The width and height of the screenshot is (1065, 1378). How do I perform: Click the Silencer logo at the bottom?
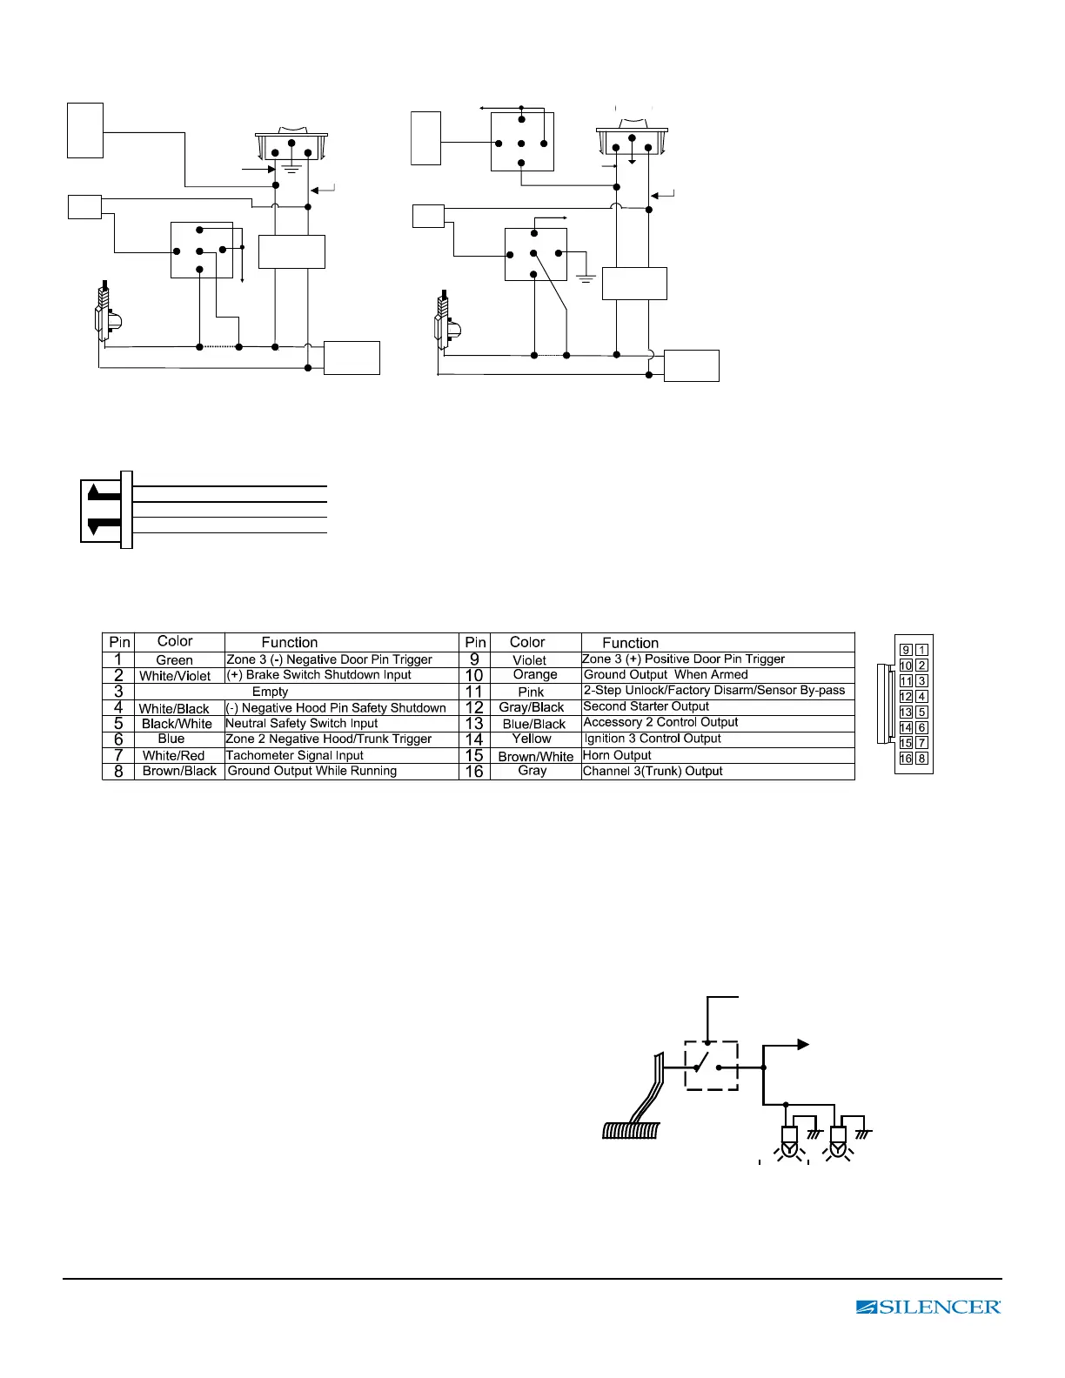click(928, 1307)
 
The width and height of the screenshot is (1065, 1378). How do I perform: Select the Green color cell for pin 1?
click(174, 660)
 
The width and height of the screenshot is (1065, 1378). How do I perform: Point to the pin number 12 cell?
click(474, 707)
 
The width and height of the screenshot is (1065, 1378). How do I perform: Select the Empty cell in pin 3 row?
click(270, 692)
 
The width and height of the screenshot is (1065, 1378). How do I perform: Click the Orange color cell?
click(535, 675)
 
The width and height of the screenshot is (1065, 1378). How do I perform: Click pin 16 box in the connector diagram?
click(906, 759)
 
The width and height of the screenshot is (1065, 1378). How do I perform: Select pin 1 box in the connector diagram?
click(922, 650)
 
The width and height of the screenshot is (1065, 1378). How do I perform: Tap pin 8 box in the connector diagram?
click(922, 759)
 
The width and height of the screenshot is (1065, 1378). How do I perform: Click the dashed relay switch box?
click(711, 1066)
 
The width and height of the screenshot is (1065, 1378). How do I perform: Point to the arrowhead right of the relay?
click(804, 1045)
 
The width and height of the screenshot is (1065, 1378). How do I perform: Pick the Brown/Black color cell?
click(179, 771)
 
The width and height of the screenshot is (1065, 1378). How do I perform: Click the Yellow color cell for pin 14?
click(532, 739)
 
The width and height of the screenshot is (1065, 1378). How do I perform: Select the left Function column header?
click(290, 642)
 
